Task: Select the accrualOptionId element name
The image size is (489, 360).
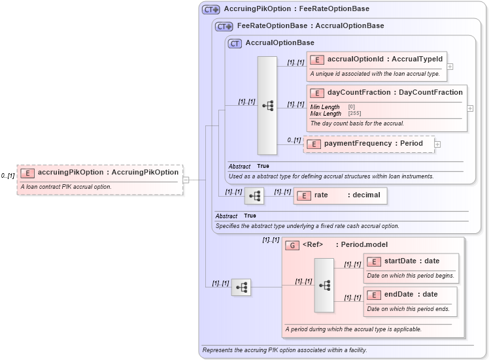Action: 384,59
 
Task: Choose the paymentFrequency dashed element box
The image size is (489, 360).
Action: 369,144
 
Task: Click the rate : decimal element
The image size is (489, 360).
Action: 340,195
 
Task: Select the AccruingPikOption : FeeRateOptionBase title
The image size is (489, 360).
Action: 296,9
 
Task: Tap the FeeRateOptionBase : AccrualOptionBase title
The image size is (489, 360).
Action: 310,26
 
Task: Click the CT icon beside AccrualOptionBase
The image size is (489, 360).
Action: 235,43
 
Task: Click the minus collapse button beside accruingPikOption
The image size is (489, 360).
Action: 186,180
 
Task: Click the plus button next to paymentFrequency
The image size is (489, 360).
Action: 437,144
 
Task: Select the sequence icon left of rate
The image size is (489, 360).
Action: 254,195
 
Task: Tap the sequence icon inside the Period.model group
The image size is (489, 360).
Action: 324,285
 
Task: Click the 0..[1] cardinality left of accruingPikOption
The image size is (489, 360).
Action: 8,176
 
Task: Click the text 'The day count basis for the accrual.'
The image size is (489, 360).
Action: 357,123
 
